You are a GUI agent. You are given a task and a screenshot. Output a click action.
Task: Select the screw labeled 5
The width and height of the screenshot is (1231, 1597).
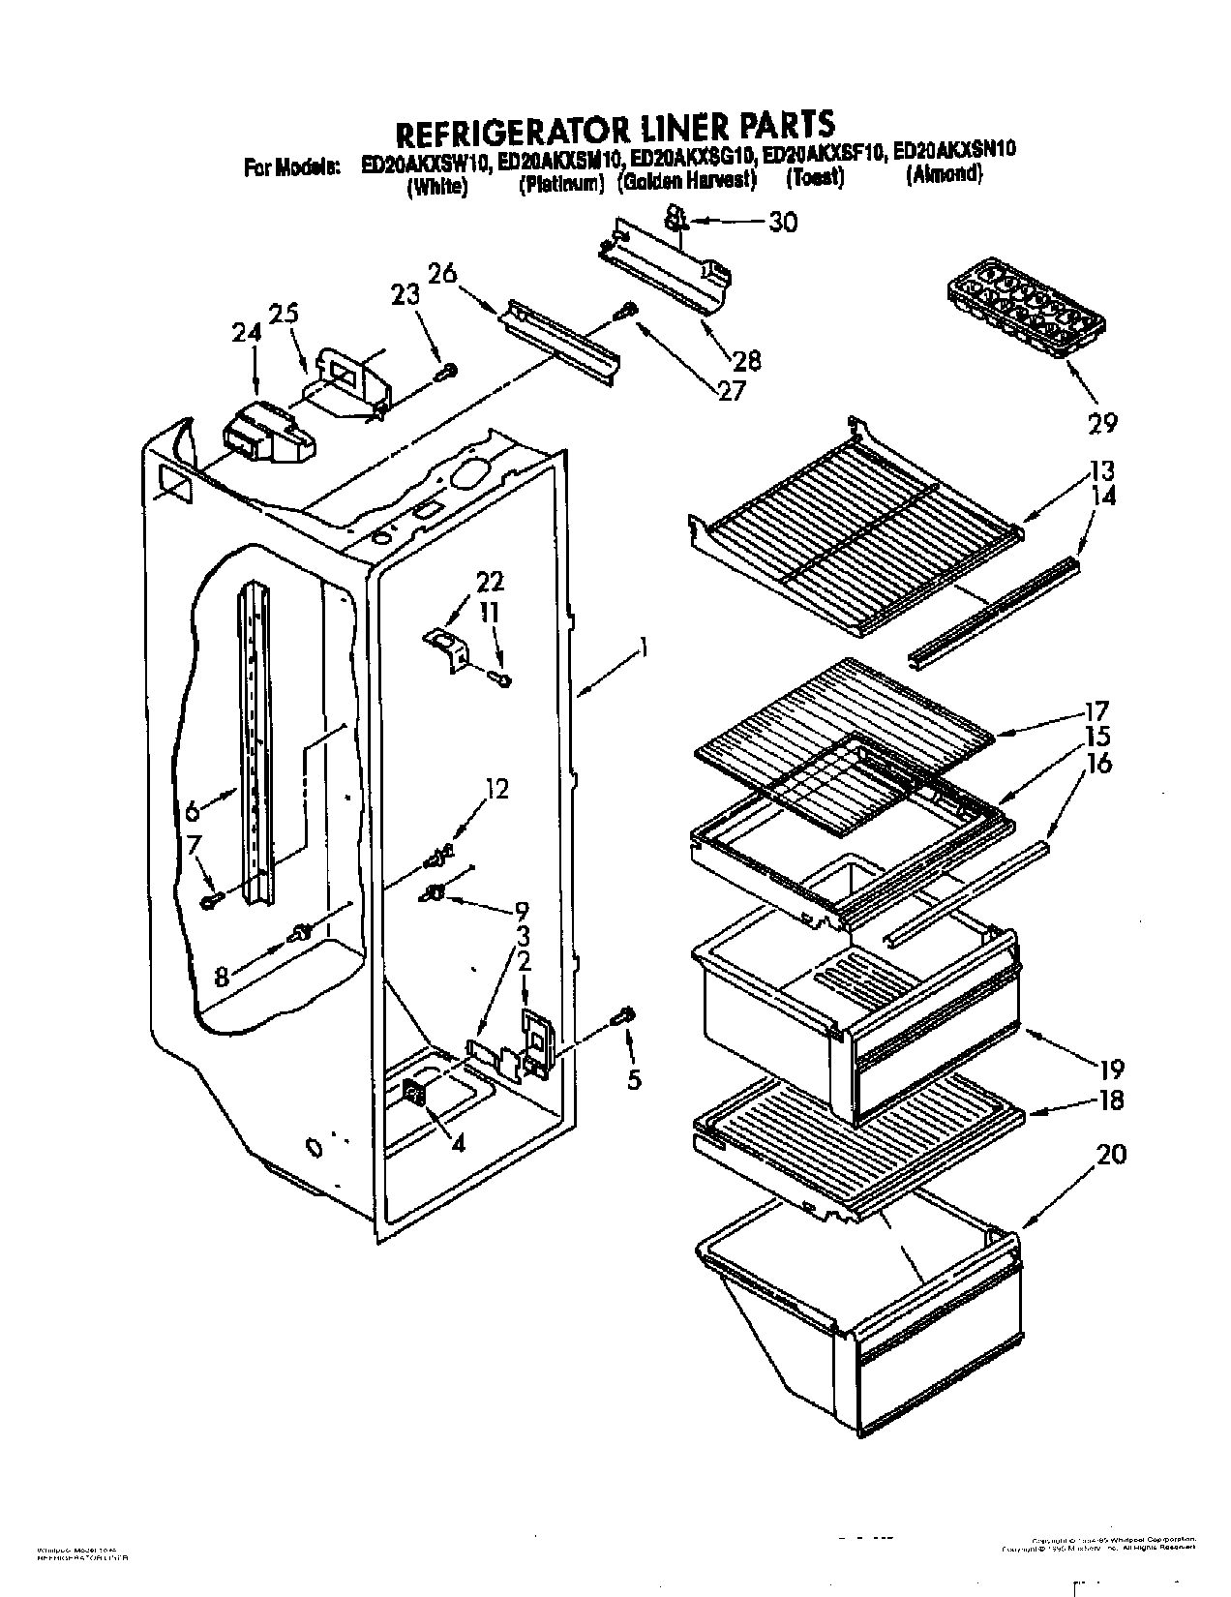(624, 1015)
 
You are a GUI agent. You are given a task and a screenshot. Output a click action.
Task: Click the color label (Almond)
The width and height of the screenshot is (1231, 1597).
(944, 175)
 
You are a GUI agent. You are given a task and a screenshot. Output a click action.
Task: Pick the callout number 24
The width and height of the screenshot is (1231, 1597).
(248, 332)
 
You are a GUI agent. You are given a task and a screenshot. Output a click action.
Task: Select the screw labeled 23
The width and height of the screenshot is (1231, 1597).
(448, 370)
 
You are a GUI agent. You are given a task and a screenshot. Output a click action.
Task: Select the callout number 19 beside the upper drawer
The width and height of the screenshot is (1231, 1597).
(1110, 1070)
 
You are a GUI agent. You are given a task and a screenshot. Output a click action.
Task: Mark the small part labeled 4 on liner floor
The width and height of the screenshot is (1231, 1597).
(414, 1095)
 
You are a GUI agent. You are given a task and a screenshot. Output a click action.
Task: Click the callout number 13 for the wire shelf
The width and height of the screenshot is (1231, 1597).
(1102, 471)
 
